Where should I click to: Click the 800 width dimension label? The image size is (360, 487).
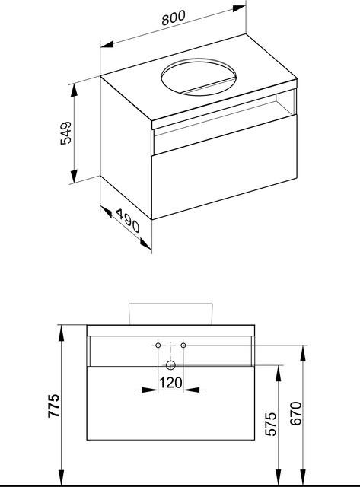[174, 18]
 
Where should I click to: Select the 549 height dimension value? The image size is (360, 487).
[66, 133]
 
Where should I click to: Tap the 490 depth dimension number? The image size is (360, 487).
[128, 221]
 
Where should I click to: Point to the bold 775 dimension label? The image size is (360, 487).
[54, 406]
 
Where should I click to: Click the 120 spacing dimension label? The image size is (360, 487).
[170, 383]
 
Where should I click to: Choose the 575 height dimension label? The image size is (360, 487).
[271, 424]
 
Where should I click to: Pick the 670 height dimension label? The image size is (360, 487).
[296, 413]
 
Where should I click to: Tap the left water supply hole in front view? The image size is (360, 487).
[158, 345]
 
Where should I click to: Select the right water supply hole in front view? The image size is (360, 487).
[183, 345]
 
